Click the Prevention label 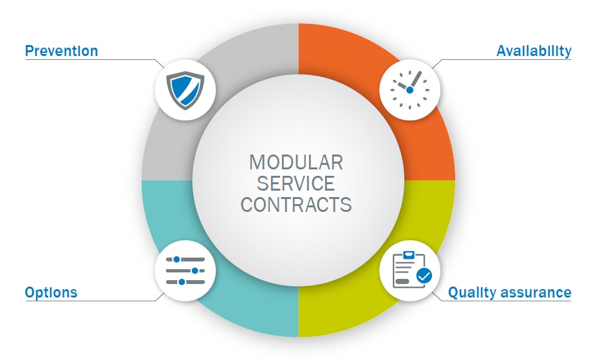(61, 51)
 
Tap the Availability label (534, 51)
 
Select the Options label (51, 292)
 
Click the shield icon (185, 90)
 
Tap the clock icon (409, 90)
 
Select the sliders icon (185, 270)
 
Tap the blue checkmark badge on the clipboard (424, 276)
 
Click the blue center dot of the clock (409, 90)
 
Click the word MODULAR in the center (296, 162)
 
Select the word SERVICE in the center (296, 184)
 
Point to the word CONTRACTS (296, 205)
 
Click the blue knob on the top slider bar (176, 259)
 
